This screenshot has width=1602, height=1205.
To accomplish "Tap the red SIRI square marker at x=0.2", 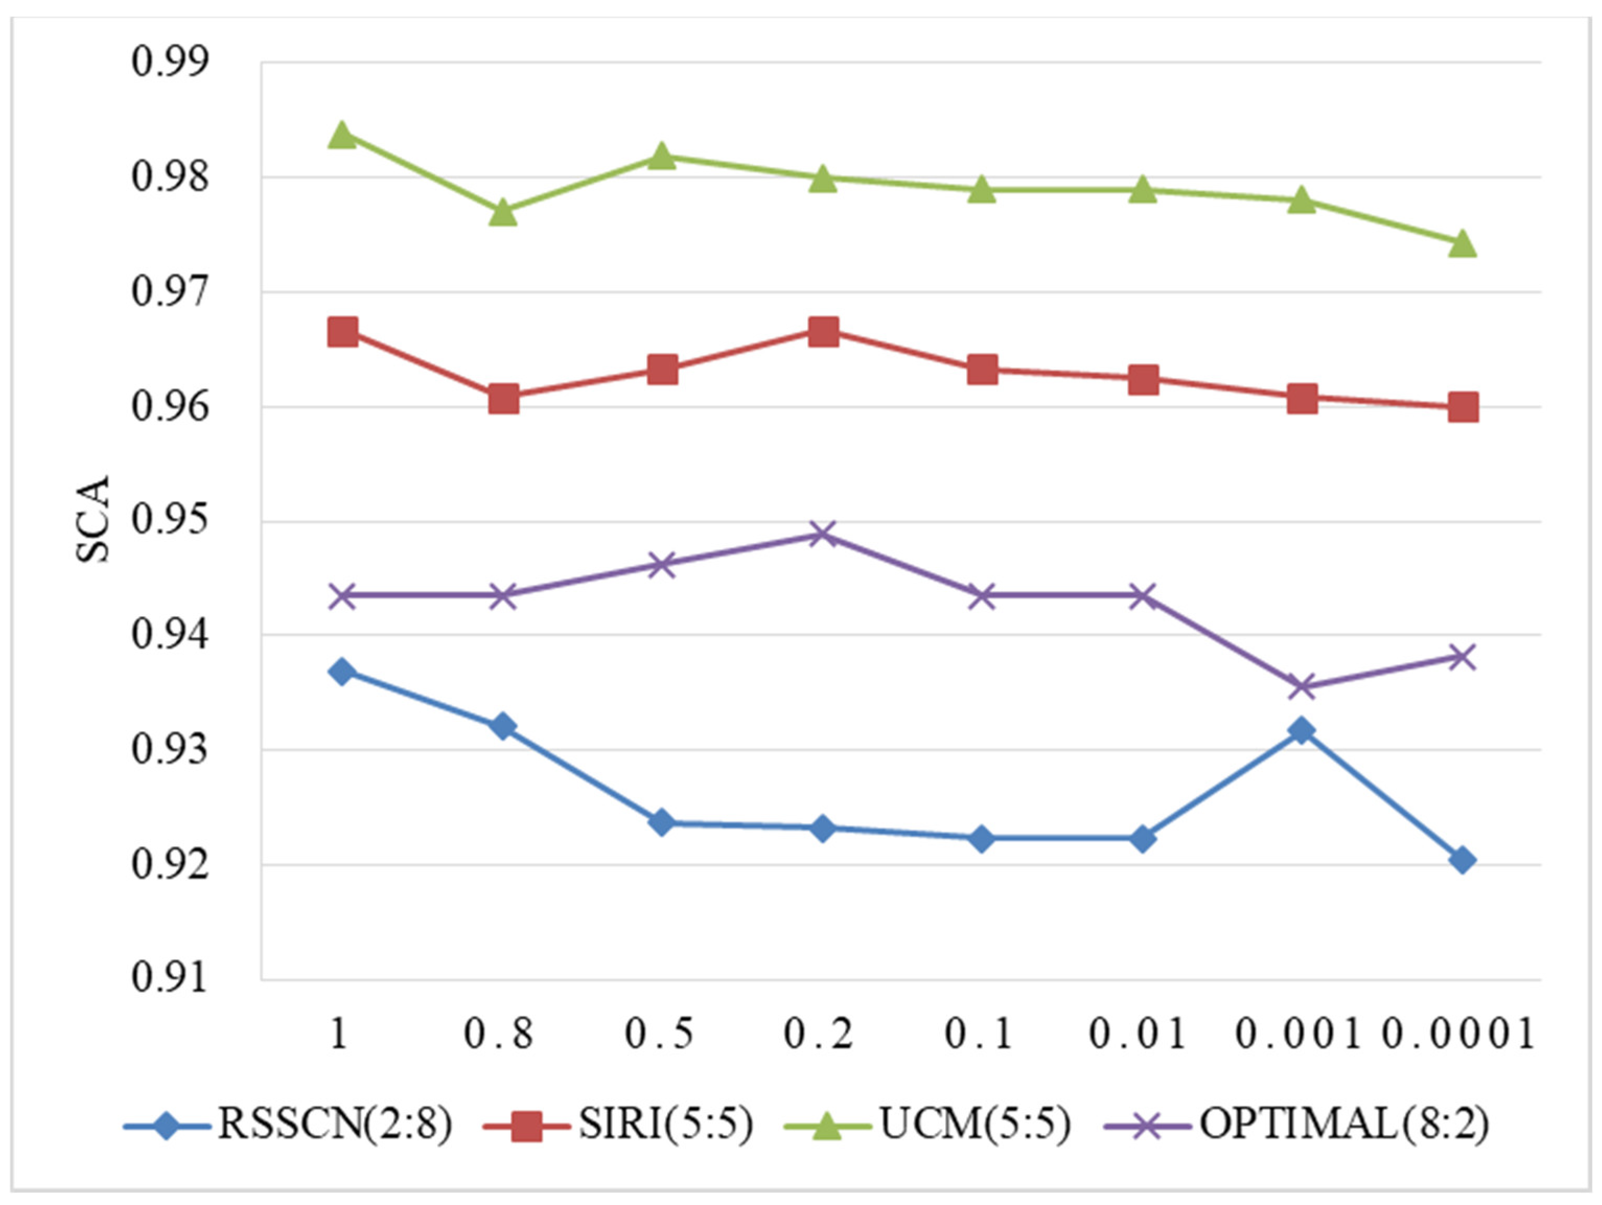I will (x=823, y=332).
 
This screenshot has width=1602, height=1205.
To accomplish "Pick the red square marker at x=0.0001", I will (x=1463, y=407).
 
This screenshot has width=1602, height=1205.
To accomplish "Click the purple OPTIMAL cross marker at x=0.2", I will (x=823, y=535).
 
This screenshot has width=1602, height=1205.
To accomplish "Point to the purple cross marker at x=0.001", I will (x=1302, y=687).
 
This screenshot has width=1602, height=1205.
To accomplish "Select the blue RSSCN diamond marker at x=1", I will (x=343, y=671).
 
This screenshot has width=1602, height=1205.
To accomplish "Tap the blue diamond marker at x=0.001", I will (x=1302, y=730).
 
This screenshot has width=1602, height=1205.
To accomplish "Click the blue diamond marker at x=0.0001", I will (x=1463, y=860).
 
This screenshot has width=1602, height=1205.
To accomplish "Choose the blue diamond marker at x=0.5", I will (x=662, y=822).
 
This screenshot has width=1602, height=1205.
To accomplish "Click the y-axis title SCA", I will (x=92, y=519).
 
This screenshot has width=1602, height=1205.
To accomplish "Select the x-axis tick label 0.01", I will (x=1139, y=1035).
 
